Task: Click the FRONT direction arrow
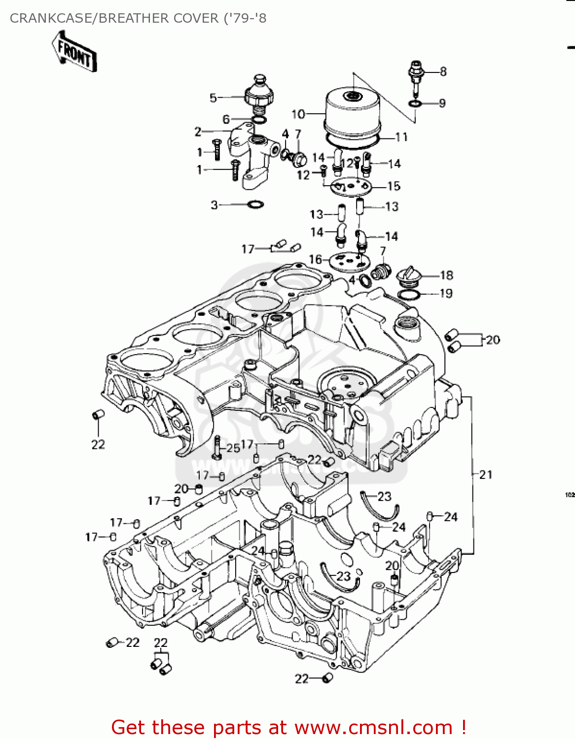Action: [74, 52]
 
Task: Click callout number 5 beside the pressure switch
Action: [213, 98]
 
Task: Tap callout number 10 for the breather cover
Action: [298, 114]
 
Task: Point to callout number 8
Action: [443, 71]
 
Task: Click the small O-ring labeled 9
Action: [415, 103]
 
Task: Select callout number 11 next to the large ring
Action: [402, 137]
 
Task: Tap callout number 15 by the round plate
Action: [394, 186]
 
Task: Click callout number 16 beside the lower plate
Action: [315, 259]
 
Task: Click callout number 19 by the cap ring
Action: [446, 294]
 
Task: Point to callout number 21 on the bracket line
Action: [486, 474]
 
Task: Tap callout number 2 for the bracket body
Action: [198, 132]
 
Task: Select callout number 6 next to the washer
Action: [226, 119]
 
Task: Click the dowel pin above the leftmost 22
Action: [98, 415]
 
